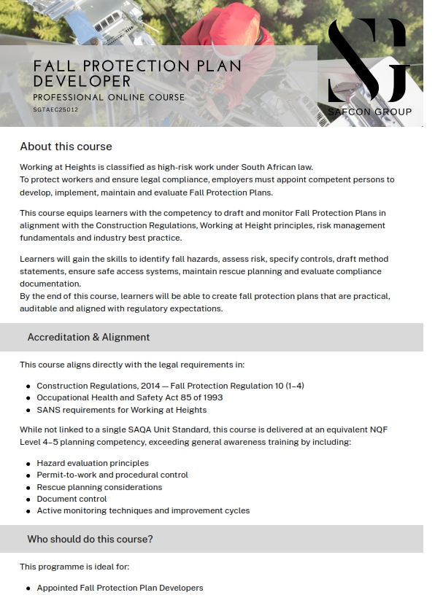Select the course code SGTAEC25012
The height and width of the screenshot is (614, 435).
tap(55, 109)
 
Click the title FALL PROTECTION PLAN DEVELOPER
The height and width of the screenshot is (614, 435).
tap(137, 73)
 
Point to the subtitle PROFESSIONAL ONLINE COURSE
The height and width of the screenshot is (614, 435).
tap(109, 97)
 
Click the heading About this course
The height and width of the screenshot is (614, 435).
tap(66, 147)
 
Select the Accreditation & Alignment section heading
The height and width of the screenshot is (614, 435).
tap(88, 337)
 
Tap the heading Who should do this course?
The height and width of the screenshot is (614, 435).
tap(90, 539)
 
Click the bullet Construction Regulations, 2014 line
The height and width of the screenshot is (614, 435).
tap(170, 386)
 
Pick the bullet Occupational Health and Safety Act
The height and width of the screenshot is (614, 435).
tap(129, 397)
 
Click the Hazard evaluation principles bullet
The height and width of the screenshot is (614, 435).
tap(93, 463)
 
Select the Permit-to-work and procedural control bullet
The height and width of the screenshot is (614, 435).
tap(112, 475)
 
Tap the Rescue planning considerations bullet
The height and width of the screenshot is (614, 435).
tap(99, 487)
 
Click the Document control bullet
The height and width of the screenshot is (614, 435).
tap(72, 499)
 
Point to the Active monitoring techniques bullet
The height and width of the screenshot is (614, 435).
tap(143, 510)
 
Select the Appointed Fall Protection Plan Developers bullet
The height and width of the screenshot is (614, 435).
tap(120, 588)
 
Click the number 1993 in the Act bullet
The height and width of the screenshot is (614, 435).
tap(212, 397)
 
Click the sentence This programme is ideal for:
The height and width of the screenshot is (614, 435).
tap(74, 567)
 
